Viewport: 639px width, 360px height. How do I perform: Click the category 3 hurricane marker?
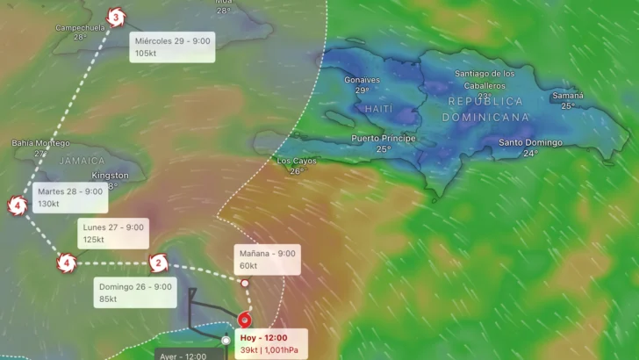(x=115, y=16)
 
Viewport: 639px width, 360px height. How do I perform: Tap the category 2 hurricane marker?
(x=158, y=262)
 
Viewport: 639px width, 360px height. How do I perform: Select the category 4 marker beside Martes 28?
(x=17, y=206)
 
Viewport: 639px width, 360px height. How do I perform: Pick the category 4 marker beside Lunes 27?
(x=66, y=262)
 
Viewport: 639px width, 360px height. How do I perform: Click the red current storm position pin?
(x=245, y=320)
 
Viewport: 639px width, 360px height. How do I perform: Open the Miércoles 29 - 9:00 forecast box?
(x=172, y=47)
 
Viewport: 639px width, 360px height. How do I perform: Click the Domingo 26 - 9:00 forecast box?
(x=135, y=292)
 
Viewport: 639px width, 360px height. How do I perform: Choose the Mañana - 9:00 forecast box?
(x=267, y=259)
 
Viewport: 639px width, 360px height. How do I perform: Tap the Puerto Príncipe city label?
(x=384, y=139)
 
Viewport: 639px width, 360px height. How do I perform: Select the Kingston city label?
(x=111, y=176)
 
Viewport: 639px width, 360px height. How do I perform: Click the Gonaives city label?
(x=362, y=80)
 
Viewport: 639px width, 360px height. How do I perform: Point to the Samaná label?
(x=568, y=96)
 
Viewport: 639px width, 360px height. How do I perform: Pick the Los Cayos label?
(x=296, y=161)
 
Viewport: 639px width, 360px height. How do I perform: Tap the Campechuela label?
(x=80, y=27)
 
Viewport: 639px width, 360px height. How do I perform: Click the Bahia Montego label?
(x=40, y=142)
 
